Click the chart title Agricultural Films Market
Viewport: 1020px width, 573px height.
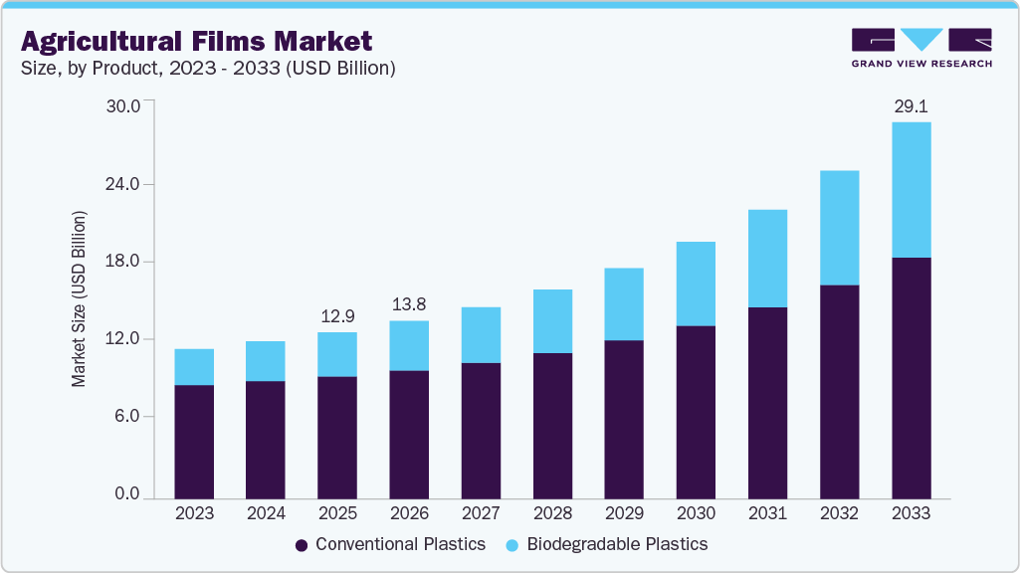tap(196, 42)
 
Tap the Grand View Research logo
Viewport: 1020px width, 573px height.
tap(921, 48)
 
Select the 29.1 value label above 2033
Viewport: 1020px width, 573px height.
tap(911, 105)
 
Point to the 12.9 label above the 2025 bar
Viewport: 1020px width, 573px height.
tap(336, 315)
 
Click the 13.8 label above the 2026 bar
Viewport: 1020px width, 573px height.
tap(408, 304)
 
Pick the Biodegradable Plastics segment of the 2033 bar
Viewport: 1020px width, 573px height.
tap(911, 190)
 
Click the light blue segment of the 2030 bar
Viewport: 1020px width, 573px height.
tap(696, 284)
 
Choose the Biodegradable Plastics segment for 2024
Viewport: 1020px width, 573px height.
tap(266, 361)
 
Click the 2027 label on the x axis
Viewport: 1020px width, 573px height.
tap(481, 513)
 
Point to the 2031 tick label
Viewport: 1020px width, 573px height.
tap(767, 513)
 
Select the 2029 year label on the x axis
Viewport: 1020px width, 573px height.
tap(624, 513)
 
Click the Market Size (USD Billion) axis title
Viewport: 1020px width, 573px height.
tap(79, 299)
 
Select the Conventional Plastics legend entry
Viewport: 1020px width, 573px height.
tap(390, 544)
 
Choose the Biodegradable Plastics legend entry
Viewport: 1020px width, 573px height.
tap(607, 544)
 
